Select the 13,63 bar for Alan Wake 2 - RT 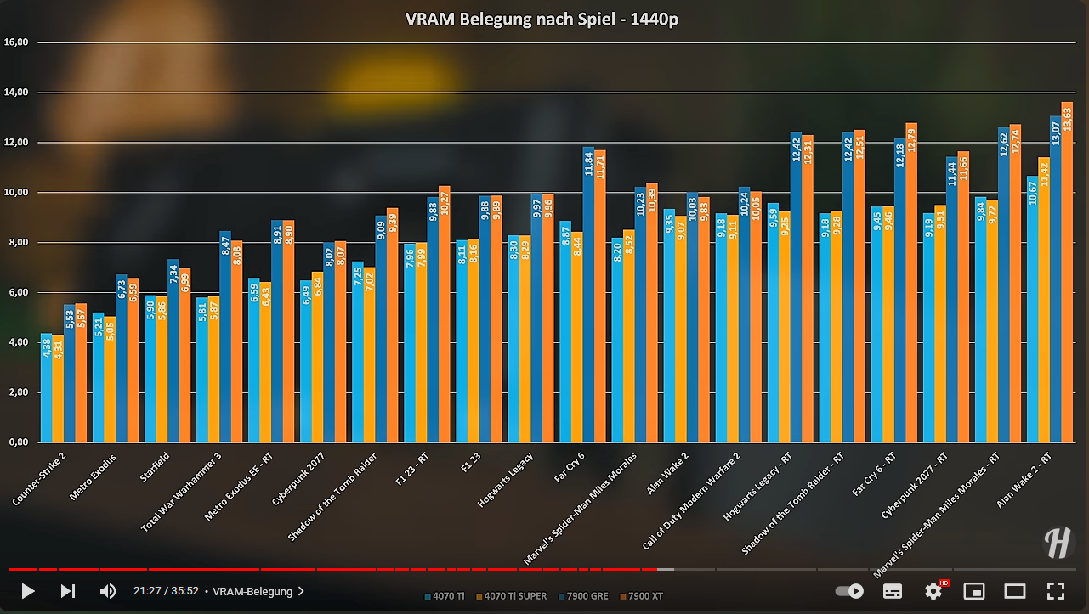click(x=1067, y=272)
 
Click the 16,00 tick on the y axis click(x=17, y=42)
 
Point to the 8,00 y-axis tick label click(x=17, y=242)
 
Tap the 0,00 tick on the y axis click(x=17, y=442)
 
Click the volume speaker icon click(x=108, y=591)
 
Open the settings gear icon click(x=933, y=591)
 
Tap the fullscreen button click(x=1055, y=591)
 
